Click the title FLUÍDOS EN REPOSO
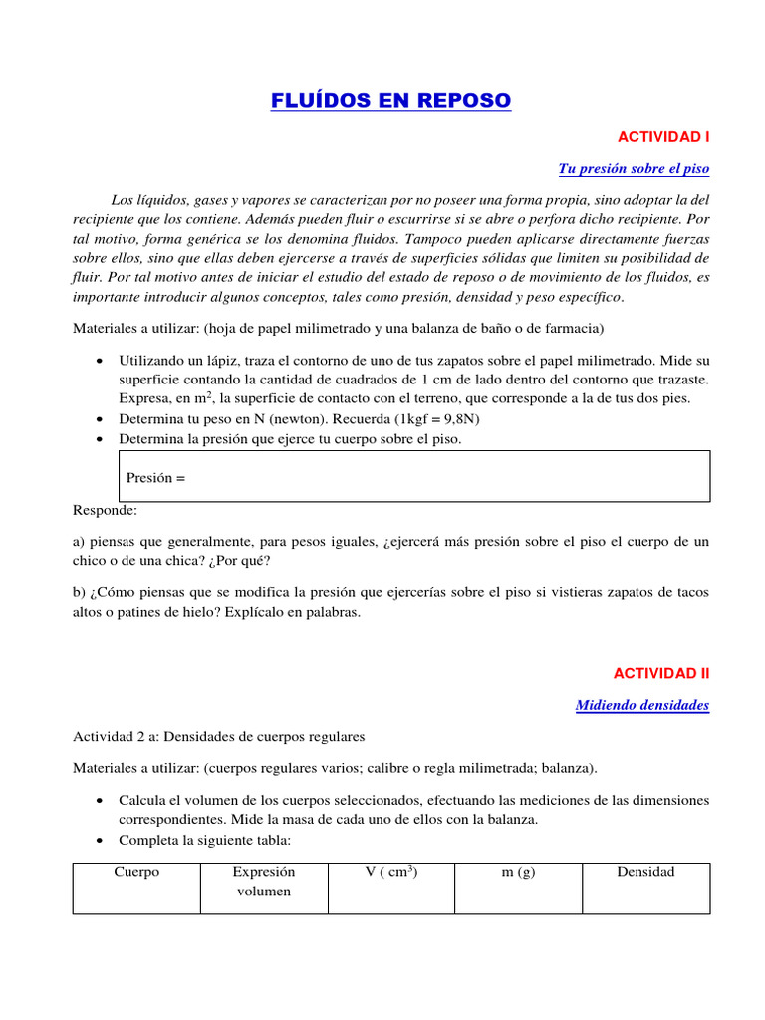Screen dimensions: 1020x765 (x=390, y=101)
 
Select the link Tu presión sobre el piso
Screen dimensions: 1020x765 (x=634, y=169)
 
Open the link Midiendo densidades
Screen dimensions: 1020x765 (x=642, y=705)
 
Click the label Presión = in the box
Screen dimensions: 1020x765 (x=156, y=477)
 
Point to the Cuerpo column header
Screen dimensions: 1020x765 (x=136, y=872)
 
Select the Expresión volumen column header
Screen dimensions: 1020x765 (x=264, y=881)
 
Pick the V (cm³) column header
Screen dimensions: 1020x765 (x=390, y=872)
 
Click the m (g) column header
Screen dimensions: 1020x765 (x=518, y=872)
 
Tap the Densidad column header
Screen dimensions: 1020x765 (x=645, y=872)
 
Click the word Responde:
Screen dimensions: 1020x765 (x=105, y=510)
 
